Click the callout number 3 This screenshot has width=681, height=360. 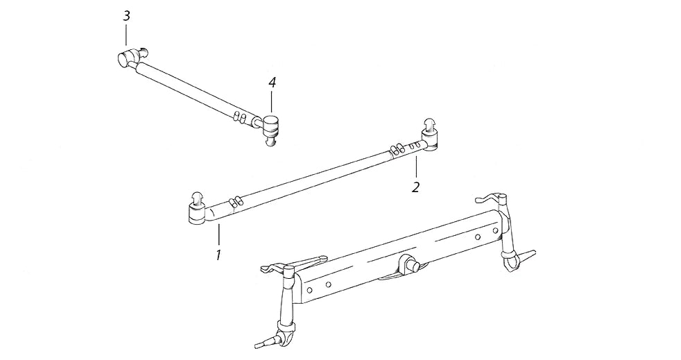[126, 17]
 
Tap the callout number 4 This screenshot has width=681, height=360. [272, 83]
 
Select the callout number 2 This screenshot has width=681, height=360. [416, 187]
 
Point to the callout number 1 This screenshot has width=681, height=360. [218, 255]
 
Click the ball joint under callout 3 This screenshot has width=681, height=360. [131, 57]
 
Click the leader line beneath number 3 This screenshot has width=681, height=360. [126, 35]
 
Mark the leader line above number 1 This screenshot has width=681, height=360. [219, 234]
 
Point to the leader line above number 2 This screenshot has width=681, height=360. [416, 167]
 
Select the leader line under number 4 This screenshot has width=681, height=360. [272, 101]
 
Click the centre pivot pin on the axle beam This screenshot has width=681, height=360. [408, 264]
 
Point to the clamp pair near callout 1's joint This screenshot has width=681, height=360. [235, 201]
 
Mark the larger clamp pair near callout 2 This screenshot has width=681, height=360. [396, 149]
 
